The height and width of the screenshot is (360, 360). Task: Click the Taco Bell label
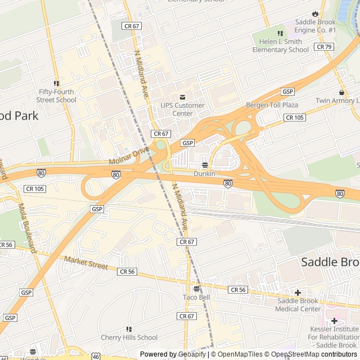point(196,297)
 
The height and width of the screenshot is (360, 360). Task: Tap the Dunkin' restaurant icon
point(204,165)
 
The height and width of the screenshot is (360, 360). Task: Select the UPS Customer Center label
point(182,109)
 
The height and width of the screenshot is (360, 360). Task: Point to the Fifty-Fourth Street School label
point(57,96)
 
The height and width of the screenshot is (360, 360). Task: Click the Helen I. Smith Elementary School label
point(280,46)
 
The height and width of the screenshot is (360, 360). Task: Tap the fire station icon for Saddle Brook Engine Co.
point(314,13)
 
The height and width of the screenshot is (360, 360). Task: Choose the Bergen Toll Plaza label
point(272,105)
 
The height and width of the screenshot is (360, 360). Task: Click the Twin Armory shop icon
point(341,92)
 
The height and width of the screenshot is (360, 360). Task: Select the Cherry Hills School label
point(129,337)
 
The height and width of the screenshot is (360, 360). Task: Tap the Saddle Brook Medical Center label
point(299,304)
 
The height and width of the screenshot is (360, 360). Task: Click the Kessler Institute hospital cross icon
point(334,321)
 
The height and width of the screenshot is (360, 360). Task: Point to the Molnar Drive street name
point(130,156)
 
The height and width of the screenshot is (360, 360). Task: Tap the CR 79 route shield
point(324,47)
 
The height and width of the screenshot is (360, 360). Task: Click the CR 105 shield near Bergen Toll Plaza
point(295,117)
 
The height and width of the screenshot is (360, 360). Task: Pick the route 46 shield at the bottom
point(96,356)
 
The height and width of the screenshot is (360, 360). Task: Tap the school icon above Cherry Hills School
point(129,329)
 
